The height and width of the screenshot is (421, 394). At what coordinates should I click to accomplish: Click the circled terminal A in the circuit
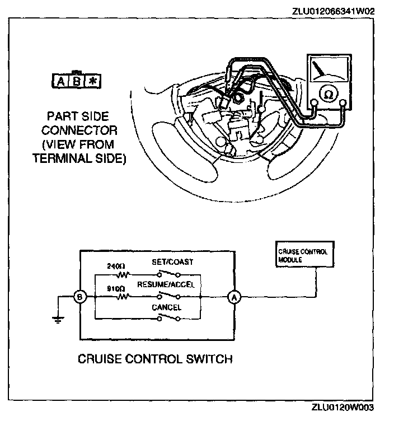(x=234, y=298)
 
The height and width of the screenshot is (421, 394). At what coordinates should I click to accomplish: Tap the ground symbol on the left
(x=56, y=320)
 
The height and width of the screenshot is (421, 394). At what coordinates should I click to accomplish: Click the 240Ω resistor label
(x=116, y=267)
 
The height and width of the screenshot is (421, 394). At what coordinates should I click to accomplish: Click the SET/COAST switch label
(x=170, y=262)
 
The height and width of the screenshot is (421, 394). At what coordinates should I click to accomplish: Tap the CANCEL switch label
(x=166, y=307)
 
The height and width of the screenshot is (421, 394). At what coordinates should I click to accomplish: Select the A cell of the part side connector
(x=60, y=82)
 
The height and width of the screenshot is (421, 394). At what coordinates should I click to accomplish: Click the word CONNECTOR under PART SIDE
(x=79, y=131)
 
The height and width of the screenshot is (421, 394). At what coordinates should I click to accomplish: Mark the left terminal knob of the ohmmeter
(x=315, y=102)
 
